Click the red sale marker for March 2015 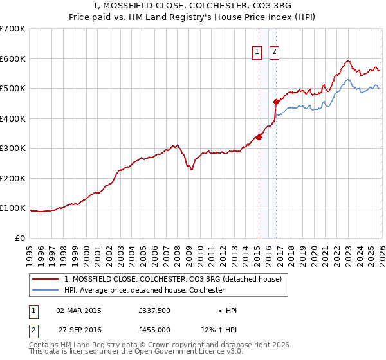259,137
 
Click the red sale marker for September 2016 276,102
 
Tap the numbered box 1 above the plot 257,52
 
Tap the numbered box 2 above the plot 274,52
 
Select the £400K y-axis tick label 13,118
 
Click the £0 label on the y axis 21,238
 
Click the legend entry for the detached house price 172,280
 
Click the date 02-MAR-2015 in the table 78,310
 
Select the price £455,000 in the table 154,330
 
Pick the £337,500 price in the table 154,310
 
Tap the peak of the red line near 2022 347,61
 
